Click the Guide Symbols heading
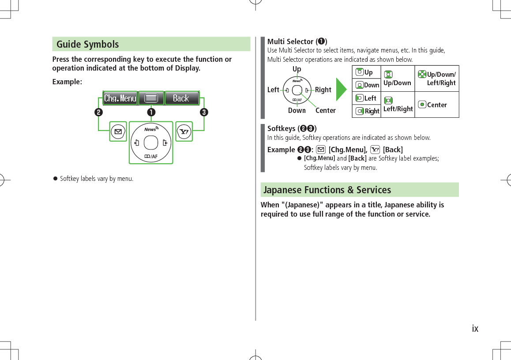[x=88, y=44]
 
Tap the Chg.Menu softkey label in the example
[x=120, y=98]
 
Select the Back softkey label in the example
[x=181, y=98]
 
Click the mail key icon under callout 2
[x=117, y=131]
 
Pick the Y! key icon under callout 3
[x=184, y=131]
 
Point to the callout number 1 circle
[x=151, y=112]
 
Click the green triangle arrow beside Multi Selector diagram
[x=341, y=90]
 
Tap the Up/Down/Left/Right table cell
[x=437, y=79]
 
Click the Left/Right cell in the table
[x=398, y=105]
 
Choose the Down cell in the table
[x=367, y=85]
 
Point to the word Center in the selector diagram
[x=325, y=111]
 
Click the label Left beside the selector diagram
[x=273, y=90]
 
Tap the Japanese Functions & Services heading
[x=327, y=190]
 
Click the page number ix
[x=475, y=329]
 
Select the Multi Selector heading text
[x=297, y=41]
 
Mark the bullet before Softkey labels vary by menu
[x=55, y=179]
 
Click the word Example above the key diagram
[x=67, y=82]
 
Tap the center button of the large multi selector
[x=151, y=142]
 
